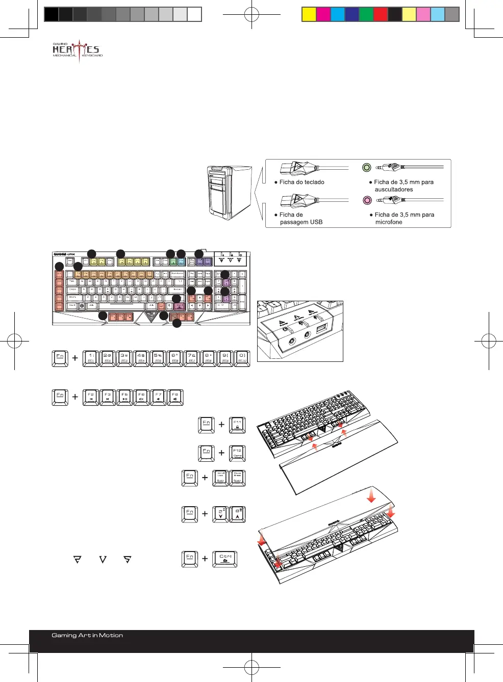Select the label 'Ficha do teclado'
coord(301,182)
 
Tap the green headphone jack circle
coord(366,167)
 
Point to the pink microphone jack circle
coord(366,200)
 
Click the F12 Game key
coord(237,453)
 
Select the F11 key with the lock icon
coord(237,425)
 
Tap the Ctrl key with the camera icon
coord(225,559)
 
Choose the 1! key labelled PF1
coord(91,358)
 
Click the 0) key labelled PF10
coord(242,358)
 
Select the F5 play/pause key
coord(124,397)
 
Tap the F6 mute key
coord(141,397)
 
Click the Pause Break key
coord(237,478)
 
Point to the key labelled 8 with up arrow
coord(237,514)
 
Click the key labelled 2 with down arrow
coord(220,514)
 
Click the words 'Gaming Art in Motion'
coord(87,636)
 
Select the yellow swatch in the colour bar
coord(309,14)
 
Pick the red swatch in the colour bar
coord(380,14)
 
